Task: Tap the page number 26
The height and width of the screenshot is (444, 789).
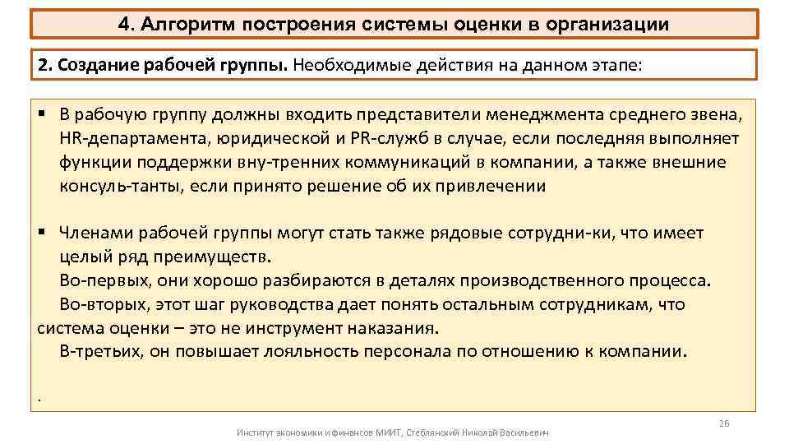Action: [723, 423]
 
